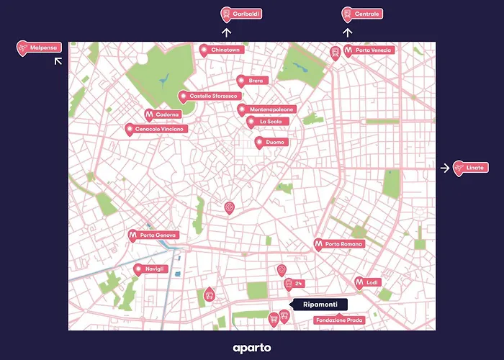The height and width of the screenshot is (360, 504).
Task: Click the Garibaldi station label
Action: click(x=241, y=14)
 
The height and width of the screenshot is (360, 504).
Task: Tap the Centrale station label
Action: click(x=362, y=14)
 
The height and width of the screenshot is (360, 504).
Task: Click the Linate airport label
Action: click(x=470, y=168)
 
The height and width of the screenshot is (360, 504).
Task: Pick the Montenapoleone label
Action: click(x=266, y=109)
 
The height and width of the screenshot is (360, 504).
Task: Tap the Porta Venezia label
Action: click(x=369, y=50)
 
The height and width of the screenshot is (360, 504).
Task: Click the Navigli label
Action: click(x=150, y=269)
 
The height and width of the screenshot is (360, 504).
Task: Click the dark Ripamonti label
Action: click(x=319, y=305)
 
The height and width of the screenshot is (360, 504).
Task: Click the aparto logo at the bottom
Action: click(x=252, y=348)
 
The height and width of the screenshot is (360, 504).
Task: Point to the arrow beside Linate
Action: click(x=445, y=168)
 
